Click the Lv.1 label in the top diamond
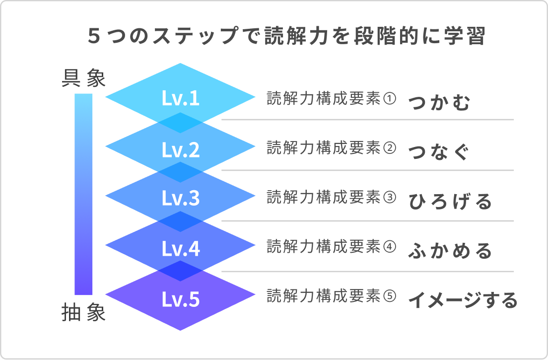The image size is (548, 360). [181, 98]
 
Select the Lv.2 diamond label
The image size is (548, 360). [181, 149]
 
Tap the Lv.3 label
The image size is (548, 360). [181, 199]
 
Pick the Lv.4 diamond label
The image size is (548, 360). [181, 249]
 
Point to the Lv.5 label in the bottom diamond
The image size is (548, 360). [181, 299]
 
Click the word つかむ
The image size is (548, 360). [439, 103]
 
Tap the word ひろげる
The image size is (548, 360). [450, 202]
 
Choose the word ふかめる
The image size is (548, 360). [450, 251]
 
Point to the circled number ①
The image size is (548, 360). [390, 98]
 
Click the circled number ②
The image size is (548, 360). [390, 148]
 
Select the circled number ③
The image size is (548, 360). [390, 198]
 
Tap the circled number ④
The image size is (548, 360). [390, 246]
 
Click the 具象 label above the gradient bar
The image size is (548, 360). [83, 78]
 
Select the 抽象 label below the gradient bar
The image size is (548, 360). [83, 314]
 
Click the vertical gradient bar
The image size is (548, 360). [83, 194]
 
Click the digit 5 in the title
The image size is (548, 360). [93, 37]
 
